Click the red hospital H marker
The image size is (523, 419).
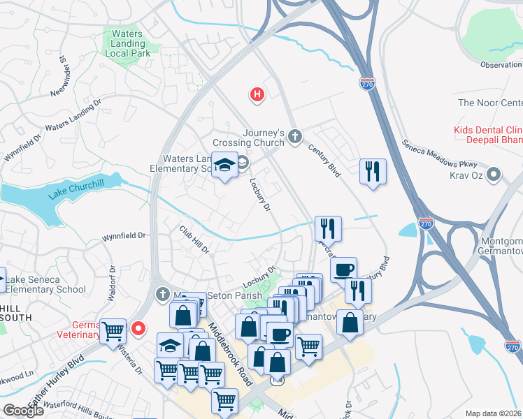[x=257, y=94]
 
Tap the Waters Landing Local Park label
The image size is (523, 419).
[x=126, y=43]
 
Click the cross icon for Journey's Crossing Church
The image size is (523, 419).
[x=295, y=135]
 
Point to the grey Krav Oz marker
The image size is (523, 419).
[x=494, y=173]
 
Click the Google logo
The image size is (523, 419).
[x=23, y=411]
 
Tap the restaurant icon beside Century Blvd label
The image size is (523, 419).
[x=373, y=171]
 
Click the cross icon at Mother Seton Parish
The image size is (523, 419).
[x=162, y=293]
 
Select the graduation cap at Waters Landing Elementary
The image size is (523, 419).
[x=224, y=166]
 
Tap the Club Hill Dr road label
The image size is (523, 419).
[x=194, y=240]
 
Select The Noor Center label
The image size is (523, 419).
[x=489, y=103]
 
